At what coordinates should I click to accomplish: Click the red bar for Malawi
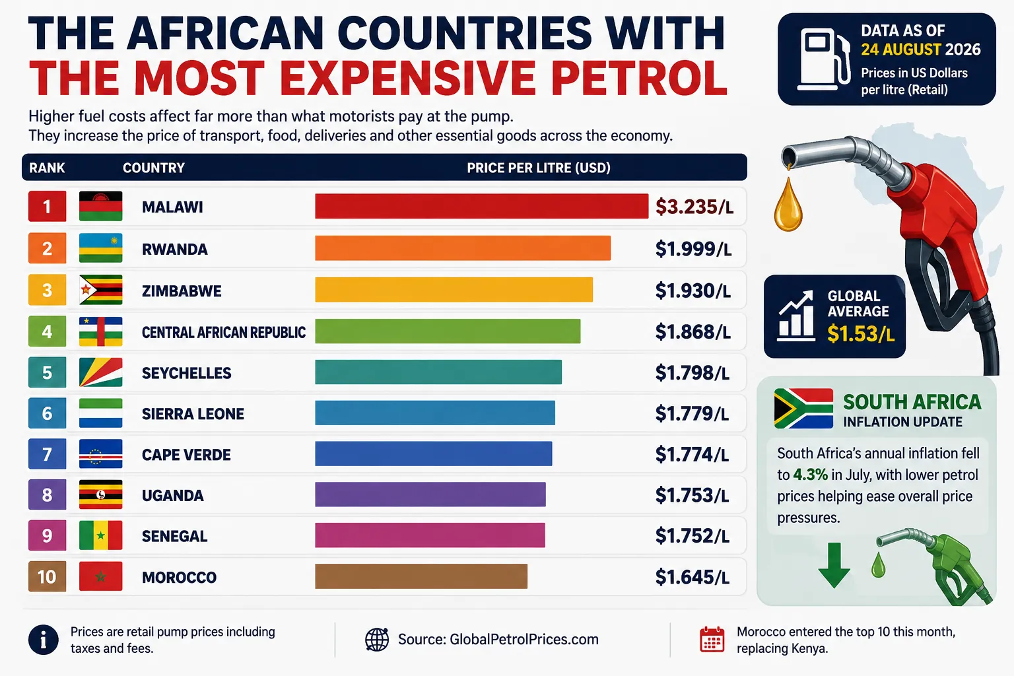click(482, 207)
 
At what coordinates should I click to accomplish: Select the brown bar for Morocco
click(421, 576)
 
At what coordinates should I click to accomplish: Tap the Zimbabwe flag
click(100, 290)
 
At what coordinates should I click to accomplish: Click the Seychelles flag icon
click(100, 372)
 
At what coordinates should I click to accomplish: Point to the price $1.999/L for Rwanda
click(694, 249)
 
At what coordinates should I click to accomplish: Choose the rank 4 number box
click(47, 331)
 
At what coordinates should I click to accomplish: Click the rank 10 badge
click(47, 576)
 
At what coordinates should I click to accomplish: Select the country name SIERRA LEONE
click(193, 414)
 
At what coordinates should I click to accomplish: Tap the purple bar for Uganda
click(430, 494)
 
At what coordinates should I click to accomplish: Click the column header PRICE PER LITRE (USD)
click(539, 168)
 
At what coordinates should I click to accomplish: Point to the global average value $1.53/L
click(861, 333)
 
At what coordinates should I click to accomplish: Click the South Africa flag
click(803, 409)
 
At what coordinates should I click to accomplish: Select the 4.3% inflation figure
click(811, 475)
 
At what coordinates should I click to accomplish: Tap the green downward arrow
click(834, 565)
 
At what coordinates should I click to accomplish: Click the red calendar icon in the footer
click(712, 639)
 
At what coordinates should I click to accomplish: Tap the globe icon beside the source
click(377, 639)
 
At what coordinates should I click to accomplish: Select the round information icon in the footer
click(44, 640)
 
